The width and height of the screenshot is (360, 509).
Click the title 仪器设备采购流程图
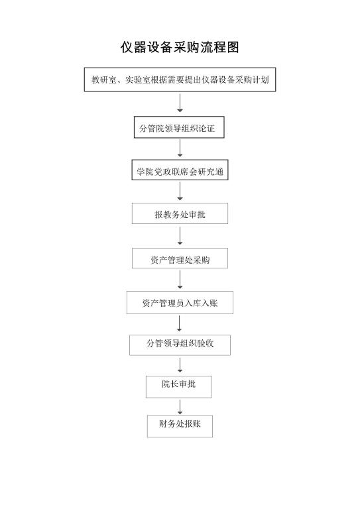click(180, 48)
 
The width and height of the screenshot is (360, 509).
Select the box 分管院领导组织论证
click(179, 127)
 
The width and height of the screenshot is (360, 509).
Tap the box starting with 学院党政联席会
click(180, 170)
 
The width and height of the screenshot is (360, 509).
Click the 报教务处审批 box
click(180, 213)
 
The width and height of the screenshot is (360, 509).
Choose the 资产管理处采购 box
click(180, 258)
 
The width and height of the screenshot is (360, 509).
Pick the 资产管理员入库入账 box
click(180, 302)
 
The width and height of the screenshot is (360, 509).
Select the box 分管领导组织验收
click(180, 345)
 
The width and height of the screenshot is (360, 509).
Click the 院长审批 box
click(178, 386)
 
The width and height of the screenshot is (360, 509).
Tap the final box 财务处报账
click(180, 426)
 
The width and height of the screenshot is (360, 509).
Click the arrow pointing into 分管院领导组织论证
click(180, 103)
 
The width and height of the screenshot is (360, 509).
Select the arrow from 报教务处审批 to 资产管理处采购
click(180, 236)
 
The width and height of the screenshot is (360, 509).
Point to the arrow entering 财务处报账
click(180, 407)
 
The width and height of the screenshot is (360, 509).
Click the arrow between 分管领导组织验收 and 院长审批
click(180, 365)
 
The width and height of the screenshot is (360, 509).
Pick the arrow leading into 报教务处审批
click(180, 191)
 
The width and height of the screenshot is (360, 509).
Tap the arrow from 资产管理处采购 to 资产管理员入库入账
click(180, 280)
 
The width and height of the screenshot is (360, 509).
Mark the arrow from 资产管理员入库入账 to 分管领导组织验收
click(179, 323)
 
